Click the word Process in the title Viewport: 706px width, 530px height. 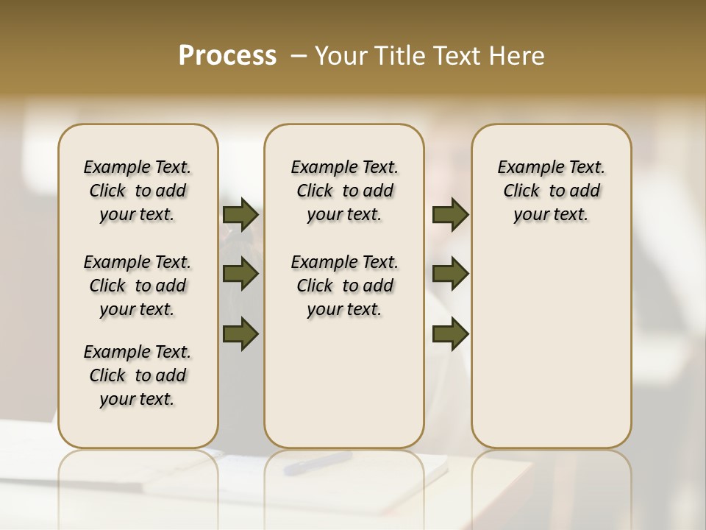[x=227, y=56]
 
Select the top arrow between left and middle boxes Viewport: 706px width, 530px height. [x=240, y=215]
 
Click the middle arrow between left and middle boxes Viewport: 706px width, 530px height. [x=240, y=275]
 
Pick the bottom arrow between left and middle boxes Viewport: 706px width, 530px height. [x=240, y=334]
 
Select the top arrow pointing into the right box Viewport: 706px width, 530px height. [x=451, y=215]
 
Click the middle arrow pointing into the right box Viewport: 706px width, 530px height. [x=451, y=275]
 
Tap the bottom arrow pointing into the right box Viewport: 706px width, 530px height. [x=451, y=334]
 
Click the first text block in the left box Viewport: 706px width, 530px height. [x=138, y=191]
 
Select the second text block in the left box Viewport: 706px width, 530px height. [x=138, y=286]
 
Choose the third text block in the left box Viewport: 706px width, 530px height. [x=138, y=375]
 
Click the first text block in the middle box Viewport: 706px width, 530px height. [x=344, y=191]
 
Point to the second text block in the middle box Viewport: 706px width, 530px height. [x=344, y=286]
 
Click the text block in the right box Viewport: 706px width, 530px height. [x=551, y=191]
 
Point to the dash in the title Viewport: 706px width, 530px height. [x=299, y=56]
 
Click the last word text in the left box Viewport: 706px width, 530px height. [x=158, y=400]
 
